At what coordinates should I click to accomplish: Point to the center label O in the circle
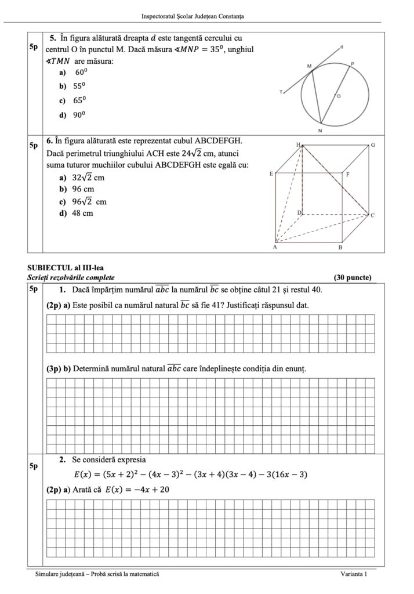pyautogui.click(x=339, y=96)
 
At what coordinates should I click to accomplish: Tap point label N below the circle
pyautogui.click(x=320, y=131)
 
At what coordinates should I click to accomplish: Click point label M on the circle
pyautogui.click(x=309, y=67)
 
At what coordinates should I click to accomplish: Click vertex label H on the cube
pyautogui.click(x=298, y=144)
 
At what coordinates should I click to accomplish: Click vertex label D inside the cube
pyautogui.click(x=299, y=213)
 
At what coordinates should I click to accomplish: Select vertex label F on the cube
pyautogui.click(x=347, y=174)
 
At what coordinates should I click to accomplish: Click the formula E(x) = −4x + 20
pyautogui.click(x=137, y=490)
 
